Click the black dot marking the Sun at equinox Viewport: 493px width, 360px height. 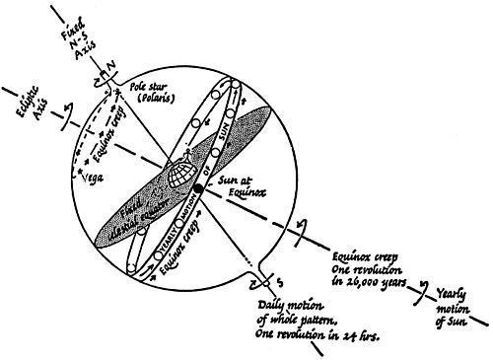point(198,186)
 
